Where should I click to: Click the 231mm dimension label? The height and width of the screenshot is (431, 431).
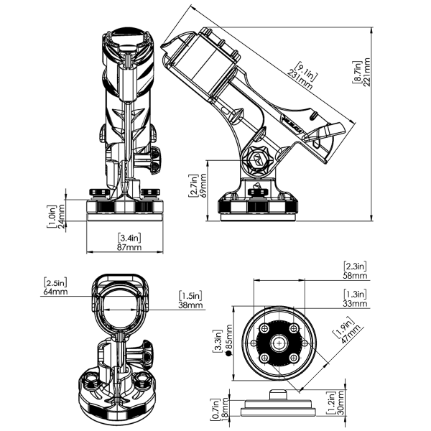point(300,80)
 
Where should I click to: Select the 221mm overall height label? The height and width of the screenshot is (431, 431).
point(366,72)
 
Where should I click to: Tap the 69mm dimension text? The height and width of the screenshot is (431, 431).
point(203,185)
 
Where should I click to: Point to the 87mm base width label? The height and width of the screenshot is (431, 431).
point(129,247)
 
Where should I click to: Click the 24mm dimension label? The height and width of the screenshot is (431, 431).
point(61,216)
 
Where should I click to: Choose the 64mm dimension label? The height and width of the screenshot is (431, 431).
point(55,292)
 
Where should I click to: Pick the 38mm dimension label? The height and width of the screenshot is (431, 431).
point(190,305)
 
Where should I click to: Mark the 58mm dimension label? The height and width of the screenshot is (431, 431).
point(355,275)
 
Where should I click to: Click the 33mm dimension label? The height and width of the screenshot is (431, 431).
point(355,303)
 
